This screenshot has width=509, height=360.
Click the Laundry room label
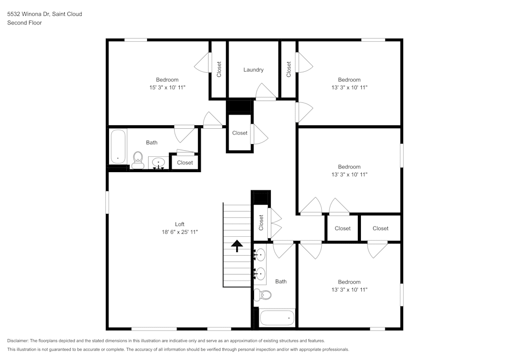click(253, 70)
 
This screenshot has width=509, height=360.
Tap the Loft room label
click(180, 224)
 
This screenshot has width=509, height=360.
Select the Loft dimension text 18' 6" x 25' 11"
click(180, 232)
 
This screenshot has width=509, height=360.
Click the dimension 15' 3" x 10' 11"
click(167, 87)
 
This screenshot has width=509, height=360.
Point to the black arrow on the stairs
click(237, 246)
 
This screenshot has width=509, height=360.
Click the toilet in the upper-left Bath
click(137, 160)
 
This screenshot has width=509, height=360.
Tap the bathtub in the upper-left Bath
click(118, 146)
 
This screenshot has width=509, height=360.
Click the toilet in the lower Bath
click(263, 294)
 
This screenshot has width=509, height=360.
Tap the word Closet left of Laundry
click(219, 69)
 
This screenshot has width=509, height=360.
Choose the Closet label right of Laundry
click(289, 69)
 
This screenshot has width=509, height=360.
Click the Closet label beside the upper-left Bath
click(185, 162)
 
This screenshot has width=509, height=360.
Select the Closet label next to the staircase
click(261, 223)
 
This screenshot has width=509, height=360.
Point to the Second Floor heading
click(24, 23)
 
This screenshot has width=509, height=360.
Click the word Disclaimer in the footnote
click(18, 341)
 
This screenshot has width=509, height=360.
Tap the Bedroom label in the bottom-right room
click(349, 282)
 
